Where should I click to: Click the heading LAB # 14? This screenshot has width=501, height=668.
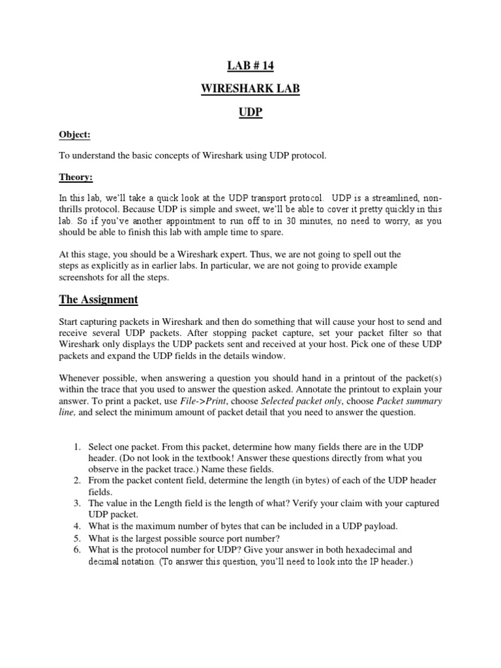[250, 65]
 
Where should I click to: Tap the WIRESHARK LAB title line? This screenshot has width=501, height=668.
[250, 89]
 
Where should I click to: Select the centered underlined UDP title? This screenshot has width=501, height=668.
[250, 112]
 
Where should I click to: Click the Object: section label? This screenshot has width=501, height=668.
[74, 134]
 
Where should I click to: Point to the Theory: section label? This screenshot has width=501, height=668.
[76, 176]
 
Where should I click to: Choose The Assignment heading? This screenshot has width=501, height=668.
[99, 299]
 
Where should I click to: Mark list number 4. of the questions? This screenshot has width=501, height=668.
[76, 526]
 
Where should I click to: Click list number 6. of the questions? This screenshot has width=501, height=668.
[76, 550]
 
